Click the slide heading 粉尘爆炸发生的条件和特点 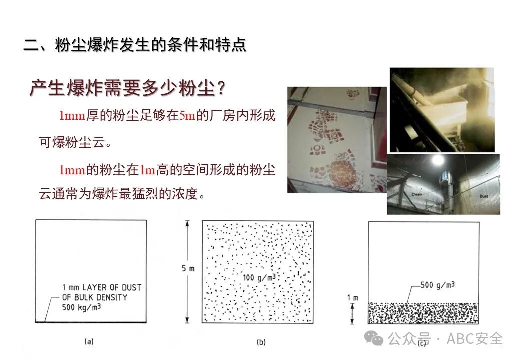point(151,45)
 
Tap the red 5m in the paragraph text point(187,115)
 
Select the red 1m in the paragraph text point(147,170)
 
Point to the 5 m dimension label point(188,268)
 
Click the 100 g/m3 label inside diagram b point(259,277)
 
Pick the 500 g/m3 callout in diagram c point(438,285)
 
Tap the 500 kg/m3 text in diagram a point(81,307)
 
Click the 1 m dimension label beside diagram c point(353,298)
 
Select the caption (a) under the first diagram point(89,341)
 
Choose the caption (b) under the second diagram point(261,342)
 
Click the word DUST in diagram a point(131,287)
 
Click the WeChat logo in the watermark point(374,338)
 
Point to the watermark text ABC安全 point(475,339)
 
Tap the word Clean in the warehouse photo point(416,194)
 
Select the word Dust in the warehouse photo point(484,196)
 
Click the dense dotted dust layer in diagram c point(424,313)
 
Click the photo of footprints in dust point(337,140)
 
